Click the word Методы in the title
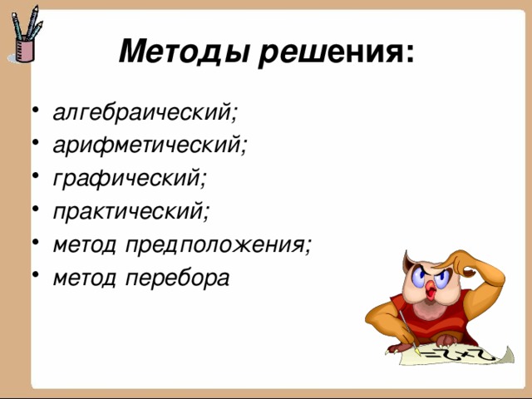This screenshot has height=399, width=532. [184, 52]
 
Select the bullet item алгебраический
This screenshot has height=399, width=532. [141, 112]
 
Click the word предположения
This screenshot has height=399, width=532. [214, 245]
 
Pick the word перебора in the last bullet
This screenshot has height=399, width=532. [177, 278]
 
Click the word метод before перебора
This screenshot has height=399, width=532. [85, 278]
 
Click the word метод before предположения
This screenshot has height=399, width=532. [85, 244]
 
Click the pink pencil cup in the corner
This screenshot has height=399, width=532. [25, 50]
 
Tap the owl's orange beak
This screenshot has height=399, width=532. [431, 291]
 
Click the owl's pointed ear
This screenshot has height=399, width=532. [408, 262]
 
